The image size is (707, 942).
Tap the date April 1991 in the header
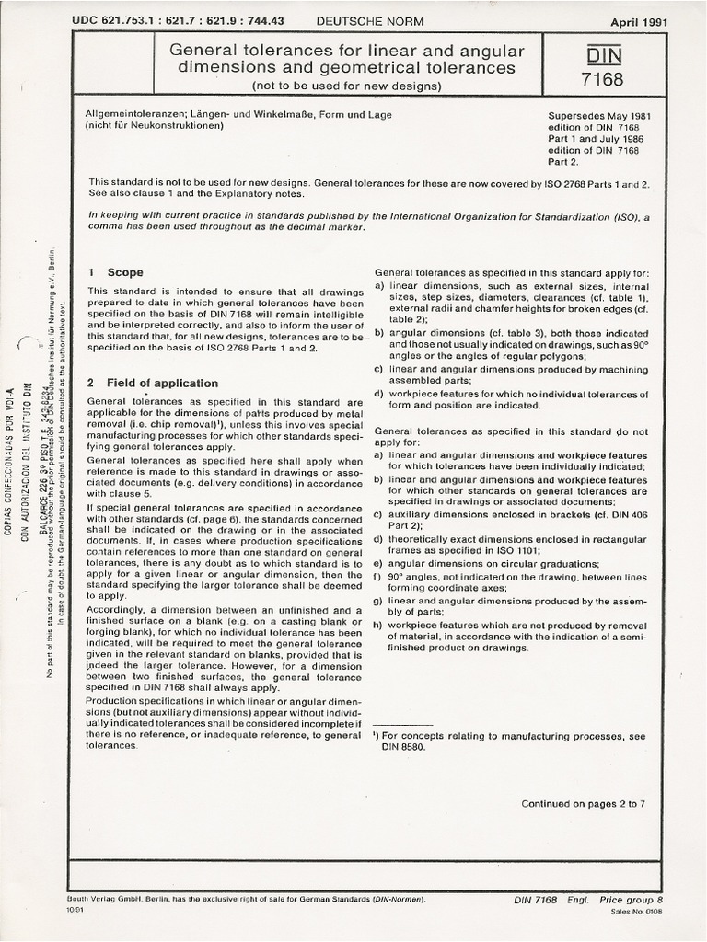639,21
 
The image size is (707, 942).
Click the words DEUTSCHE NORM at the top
363,20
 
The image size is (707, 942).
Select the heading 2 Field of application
152,383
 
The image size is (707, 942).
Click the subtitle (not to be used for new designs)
348,86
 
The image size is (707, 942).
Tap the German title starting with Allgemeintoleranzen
238,115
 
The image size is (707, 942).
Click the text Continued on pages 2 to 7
583,803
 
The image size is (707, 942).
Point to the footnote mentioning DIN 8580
510,742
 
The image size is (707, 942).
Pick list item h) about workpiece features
511,636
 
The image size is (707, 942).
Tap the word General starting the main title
203,51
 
